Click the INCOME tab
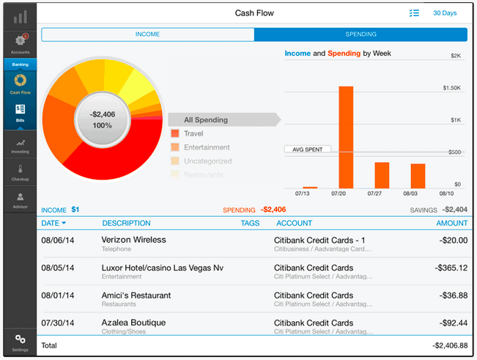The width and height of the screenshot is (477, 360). click(x=147, y=34)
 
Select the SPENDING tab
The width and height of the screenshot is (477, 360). click(x=360, y=34)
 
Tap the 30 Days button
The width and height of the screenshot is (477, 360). click(x=444, y=13)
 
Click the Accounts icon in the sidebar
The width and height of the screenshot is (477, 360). click(x=20, y=44)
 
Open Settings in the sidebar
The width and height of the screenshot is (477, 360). click(x=20, y=342)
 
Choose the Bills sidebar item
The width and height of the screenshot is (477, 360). click(x=20, y=111)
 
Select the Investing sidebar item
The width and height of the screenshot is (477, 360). click(x=20, y=146)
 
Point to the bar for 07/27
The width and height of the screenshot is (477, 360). click(x=382, y=175)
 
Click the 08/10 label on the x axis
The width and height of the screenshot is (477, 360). click(x=445, y=194)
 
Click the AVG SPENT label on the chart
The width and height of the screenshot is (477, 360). click(x=308, y=149)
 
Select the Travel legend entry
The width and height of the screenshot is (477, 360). click(x=193, y=133)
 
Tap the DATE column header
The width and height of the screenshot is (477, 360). click(x=53, y=223)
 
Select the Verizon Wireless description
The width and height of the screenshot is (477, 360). click(x=133, y=240)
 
